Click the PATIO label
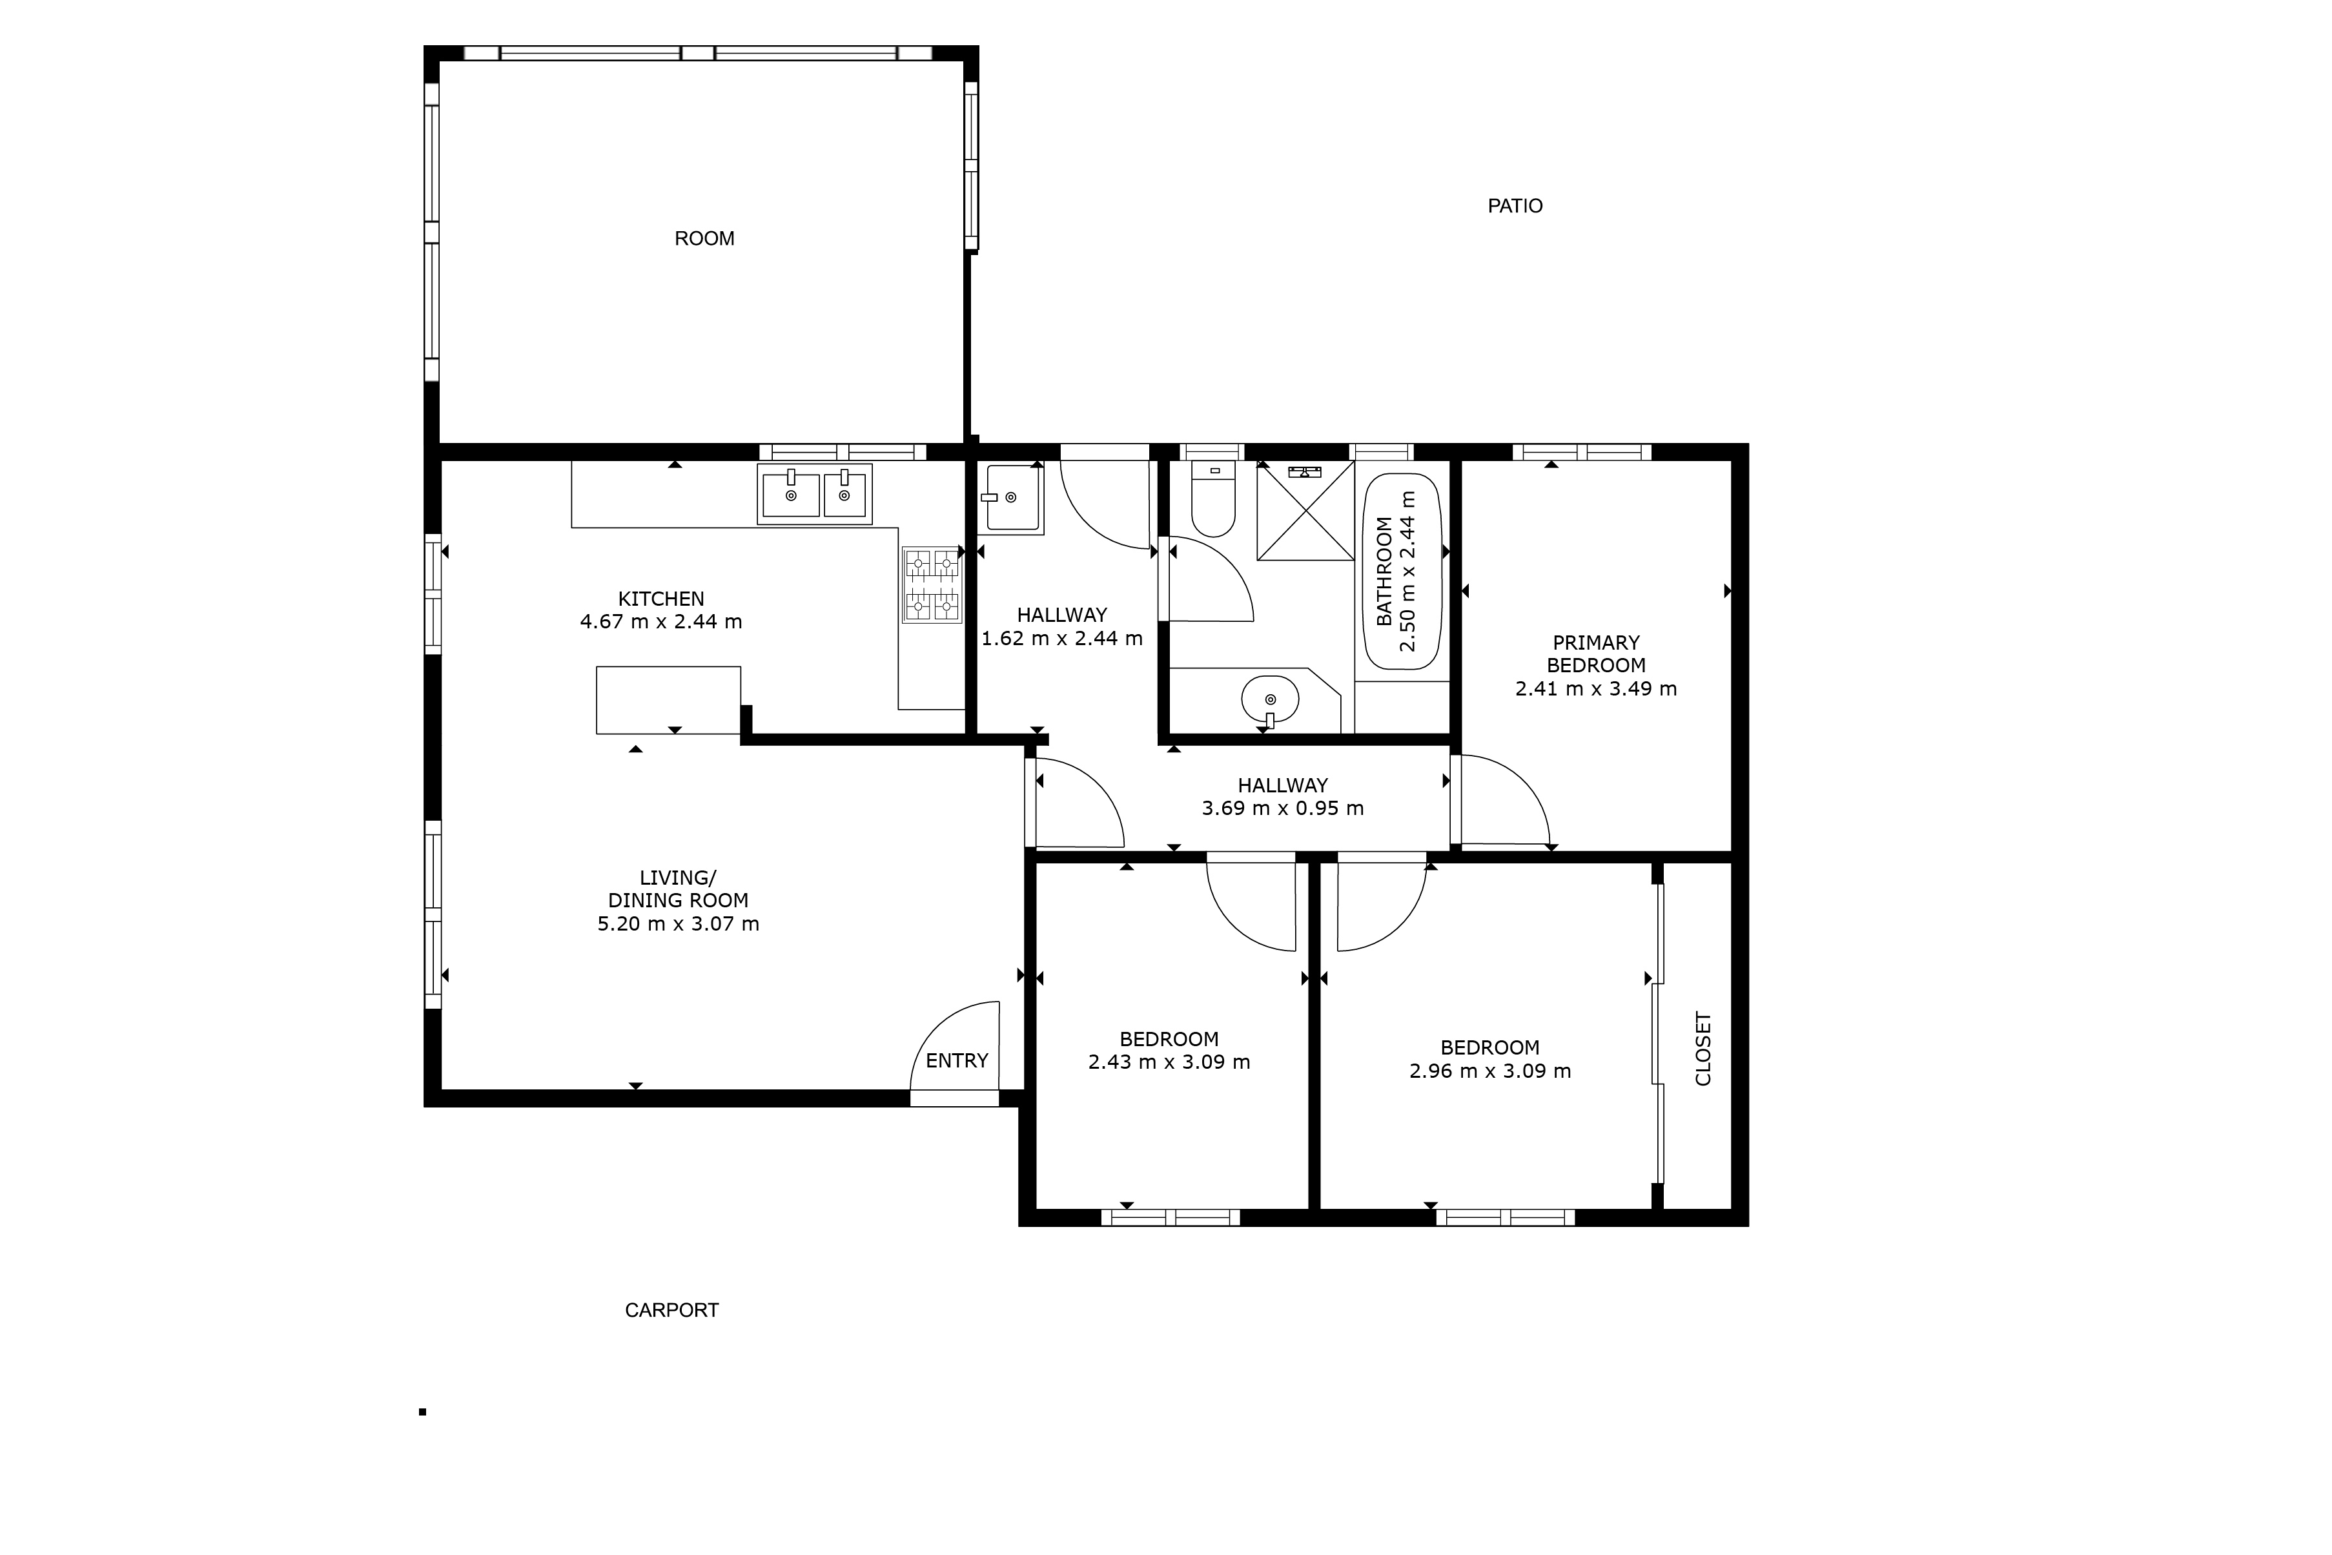[1514, 206]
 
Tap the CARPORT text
[671, 1310]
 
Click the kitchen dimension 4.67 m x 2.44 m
[660, 622]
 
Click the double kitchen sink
[814, 493]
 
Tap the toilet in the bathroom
[1212, 501]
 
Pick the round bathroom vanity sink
[1270, 700]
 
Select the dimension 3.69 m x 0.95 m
[1282, 808]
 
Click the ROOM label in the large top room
[704, 239]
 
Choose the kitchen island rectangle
[668, 699]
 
